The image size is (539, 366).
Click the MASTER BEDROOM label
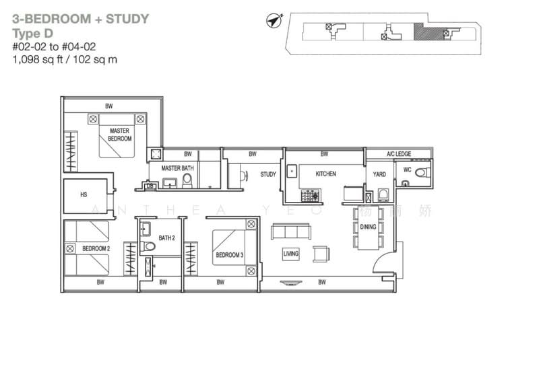pyautogui.click(x=119, y=135)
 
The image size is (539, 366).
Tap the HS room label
pyautogui.click(x=84, y=195)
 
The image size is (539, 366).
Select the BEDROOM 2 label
pyautogui.click(x=96, y=248)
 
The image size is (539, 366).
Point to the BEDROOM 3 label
pyautogui.click(x=229, y=256)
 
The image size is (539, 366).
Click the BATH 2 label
pyautogui.click(x=166, y=238)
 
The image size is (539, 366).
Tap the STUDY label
pyautogui.click(x=268, y=174)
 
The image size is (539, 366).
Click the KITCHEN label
pyautogui.click(x=325, y=174)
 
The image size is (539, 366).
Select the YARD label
pyautogui.click(x=379, y=174)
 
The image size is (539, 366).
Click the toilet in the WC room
pyautogui.click(x=422, y=173)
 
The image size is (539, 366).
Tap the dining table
pyautogui.click(x=368, y=228)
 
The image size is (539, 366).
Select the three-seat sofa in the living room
pyautogui.click(x=290, y=232)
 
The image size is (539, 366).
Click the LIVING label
pyautogui.click(x=291, y=254)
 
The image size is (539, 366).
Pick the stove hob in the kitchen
pyautogui.click(x=311, y=196)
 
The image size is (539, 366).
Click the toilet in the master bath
pyautogui.click(x=187, y=180)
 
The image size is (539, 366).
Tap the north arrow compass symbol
pyautogui.click(x=274, y=22)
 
